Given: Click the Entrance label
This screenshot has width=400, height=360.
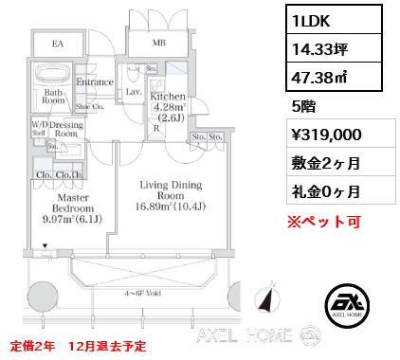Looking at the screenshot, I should click(x=96, y=82).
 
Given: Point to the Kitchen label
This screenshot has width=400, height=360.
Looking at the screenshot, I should click(x=167, y=97).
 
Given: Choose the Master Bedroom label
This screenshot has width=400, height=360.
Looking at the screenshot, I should click(x=72, y=207).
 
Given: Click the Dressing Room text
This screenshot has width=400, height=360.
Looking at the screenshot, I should click(x=65, y=129).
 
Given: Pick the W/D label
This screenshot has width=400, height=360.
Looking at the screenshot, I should click(x=40, y=124).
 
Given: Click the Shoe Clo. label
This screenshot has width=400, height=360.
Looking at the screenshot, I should click(x=89, y=106).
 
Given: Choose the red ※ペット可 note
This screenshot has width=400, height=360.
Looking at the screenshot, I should click(x=322, y=222).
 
